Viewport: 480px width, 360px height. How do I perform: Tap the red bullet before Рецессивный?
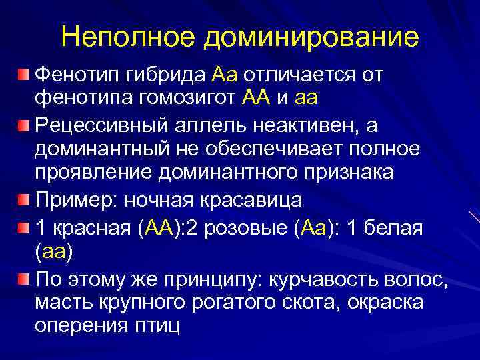(x=23, y=125)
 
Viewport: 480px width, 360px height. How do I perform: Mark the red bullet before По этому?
(x=23, y=278)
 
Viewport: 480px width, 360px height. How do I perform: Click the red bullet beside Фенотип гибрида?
(x=23, y=71)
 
